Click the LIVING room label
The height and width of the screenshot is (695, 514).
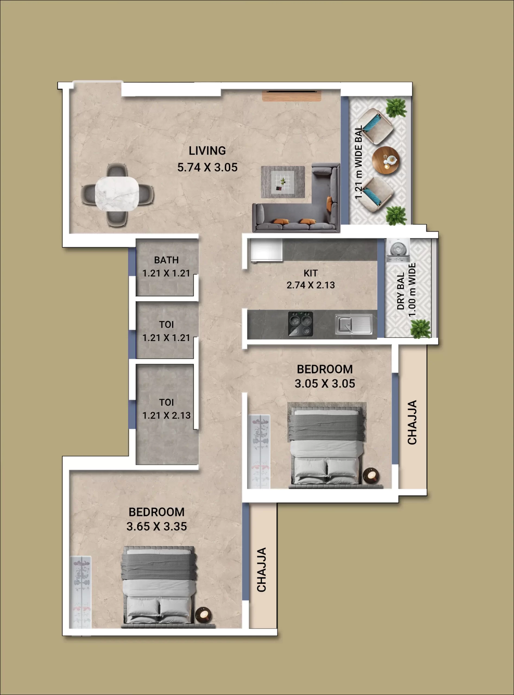coord(207,151)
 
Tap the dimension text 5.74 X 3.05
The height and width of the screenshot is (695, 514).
coord(207,168)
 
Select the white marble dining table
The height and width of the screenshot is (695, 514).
coord(117,194)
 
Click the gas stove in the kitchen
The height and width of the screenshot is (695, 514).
coord(301,324)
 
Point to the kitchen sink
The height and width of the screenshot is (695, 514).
coord(354,324)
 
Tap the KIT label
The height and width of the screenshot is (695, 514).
coord(311,273)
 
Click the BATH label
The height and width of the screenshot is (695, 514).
coord(166,260)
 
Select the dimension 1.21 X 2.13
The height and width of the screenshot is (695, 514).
coord(166,415)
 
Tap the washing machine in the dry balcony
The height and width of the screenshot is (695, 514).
coord(398,250)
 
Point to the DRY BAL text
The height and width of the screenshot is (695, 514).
coord(401,291)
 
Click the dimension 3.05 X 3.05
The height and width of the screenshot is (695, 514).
coord(325,384)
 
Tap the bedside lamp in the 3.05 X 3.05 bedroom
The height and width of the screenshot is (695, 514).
coord(371,475)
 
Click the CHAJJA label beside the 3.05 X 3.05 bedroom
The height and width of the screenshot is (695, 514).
coord(412,422)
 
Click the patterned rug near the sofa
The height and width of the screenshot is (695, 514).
coord(283,182)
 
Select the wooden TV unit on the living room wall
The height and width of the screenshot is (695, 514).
coord(291,96)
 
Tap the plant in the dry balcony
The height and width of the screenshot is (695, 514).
coord(421,328)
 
